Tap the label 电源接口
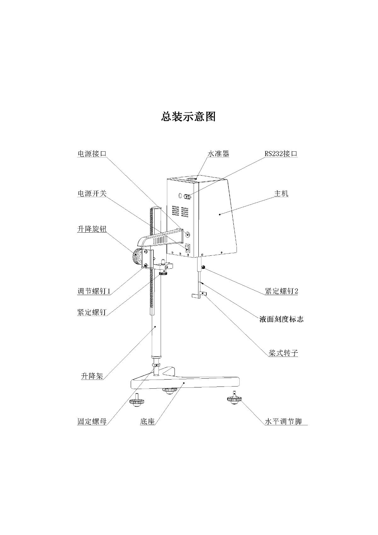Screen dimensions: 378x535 pyautogui.click(x=92, y=154)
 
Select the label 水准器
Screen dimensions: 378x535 pyautogui.click(x=218, y=154)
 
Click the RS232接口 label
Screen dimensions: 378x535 pyautogui.click(x=281, y=154)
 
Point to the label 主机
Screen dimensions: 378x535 pyautogui.click(x=281, y=193)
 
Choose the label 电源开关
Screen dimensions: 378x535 pyautogui.click(x=92, y=193)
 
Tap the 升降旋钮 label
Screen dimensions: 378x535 pyautogui.click(x=92, y=229)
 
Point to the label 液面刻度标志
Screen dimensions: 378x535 pyautogui.click(x=281, y=319)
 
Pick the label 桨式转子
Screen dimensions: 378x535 pyautogui.click(x=283, y=353)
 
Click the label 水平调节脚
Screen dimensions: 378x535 pyautogui.click(x=283, y=422)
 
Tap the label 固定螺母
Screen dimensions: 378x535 pyautogui.click(x=92, y=422)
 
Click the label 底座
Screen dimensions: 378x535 pyautogui.click(x=147, y=422)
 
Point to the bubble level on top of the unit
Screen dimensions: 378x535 pyautogui.click(x=192, y=178)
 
